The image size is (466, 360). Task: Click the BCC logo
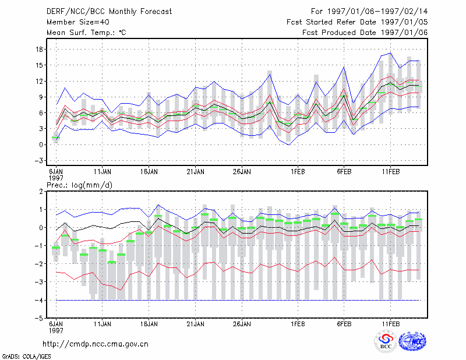point(386,341)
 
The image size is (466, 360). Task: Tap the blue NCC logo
point(412,341)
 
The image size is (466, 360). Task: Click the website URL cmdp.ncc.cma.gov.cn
point(96,344)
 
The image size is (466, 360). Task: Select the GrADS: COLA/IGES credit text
point(26,357)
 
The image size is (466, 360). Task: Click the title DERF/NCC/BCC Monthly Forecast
point(109,12)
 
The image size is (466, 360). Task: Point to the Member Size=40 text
point(78,22)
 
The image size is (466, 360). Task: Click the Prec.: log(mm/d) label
point(79,185)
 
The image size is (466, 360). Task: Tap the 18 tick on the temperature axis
point(39,49)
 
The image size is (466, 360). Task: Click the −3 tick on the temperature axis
point(39,161)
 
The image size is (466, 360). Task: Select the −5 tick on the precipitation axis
point(39,318)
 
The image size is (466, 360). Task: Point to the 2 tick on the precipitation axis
point(41,192)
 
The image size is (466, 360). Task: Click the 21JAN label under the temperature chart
point(195,172)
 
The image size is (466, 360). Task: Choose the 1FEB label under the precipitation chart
point(298,324)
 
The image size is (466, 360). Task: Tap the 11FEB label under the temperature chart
point(391,172)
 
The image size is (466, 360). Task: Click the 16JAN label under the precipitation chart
point(149,324)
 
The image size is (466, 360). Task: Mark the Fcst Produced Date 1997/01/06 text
point(365,33)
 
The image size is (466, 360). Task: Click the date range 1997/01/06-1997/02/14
point(377,12)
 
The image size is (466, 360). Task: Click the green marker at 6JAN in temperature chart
point(56,137)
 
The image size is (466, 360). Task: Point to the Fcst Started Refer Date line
point(357,22)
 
